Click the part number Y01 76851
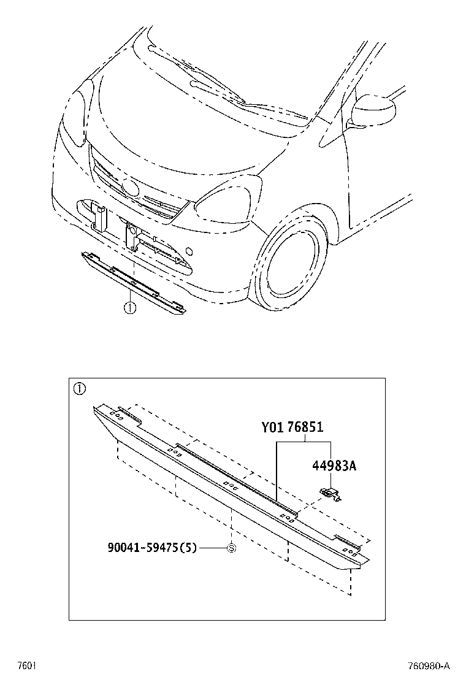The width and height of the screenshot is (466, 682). pyautogui.click(x=292, y=427)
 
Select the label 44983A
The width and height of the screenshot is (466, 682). pyautogui.click(x=334, y=466)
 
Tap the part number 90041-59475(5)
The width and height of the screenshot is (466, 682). pyautogui.click(x=152, y=548)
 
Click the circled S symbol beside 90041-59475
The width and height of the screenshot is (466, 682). pyautogui.click(x=232, y=548)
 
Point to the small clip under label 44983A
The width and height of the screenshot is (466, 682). pyautogui.click(x=331, y=494)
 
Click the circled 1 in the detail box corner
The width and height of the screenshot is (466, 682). pyautogui.click(x=79, y=388)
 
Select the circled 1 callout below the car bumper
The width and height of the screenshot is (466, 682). pyautogui.click(x=130, y=308)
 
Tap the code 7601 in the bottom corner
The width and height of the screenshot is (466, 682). pyautogui.click(x=26, y=666)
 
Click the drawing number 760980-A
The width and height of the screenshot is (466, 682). pyautogui.click(x=428, y=666)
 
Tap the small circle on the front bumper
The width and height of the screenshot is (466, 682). pyautogui.click(x=189, y=251)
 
